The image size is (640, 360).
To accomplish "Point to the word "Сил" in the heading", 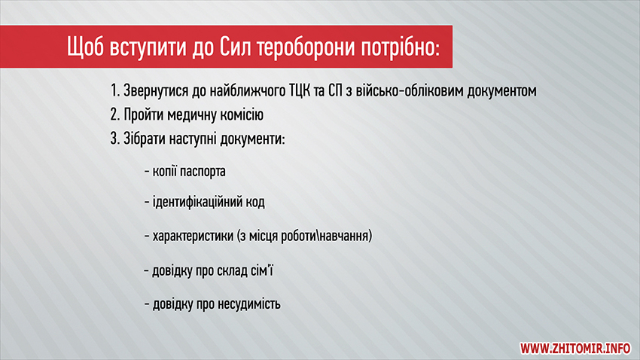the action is point(235,47).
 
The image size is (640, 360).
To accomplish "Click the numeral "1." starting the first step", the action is point(114,90).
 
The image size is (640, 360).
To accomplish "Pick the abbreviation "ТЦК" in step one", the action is point(300,91).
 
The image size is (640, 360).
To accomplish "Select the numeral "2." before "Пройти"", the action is point(114,114).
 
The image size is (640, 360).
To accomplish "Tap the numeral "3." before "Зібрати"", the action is point(114,139).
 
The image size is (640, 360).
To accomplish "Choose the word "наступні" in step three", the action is point(193,139).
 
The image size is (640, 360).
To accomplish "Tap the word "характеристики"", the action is point(193,236).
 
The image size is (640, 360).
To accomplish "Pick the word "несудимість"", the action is point(249,304).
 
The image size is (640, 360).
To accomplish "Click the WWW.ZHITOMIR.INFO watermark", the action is point(575,348).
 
